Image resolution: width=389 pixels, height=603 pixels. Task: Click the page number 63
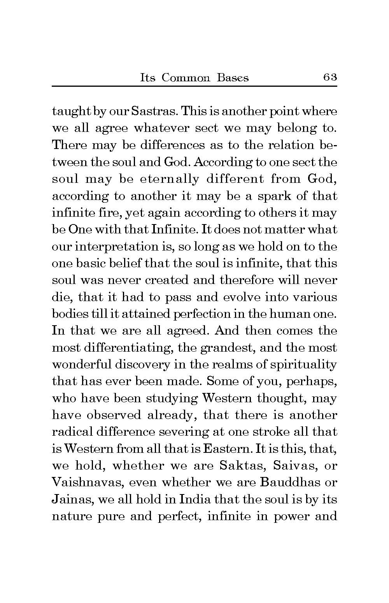pyautogui.click(x=329, y=77)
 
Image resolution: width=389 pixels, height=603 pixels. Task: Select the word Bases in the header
pyautogui.click(x=233, y=78)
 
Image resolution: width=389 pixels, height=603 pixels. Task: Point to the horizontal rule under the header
pyautogui.click(x=194, y=86)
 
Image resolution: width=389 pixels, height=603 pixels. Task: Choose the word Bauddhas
pyautogui.click(x=287, y=482)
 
